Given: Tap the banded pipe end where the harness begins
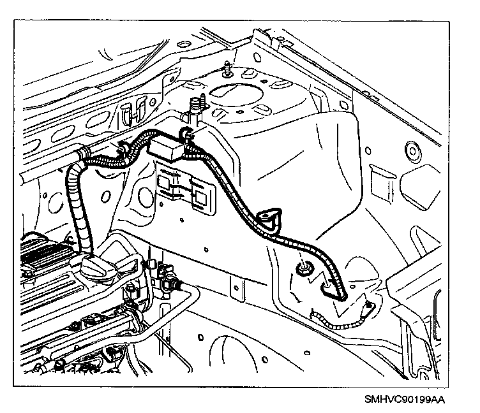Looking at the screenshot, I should coord(80,154).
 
